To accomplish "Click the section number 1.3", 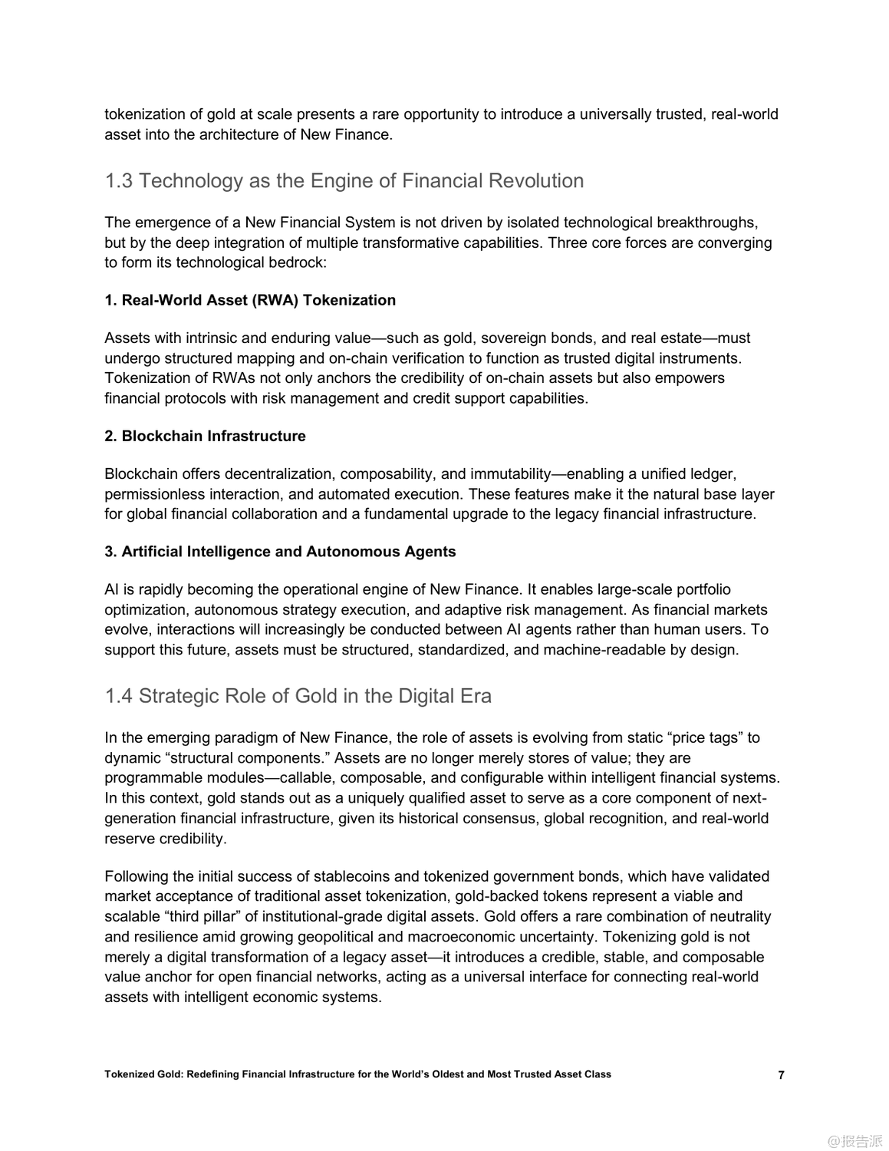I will coord(119,181).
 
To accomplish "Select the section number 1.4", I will coord(119,696).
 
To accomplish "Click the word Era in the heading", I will coord(476,696).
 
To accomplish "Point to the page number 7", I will coord(781,1075).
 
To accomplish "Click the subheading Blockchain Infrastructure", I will coord(213,436).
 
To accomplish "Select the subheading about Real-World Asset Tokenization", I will coord(250,300).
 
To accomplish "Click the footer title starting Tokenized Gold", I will coord(357,1074).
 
